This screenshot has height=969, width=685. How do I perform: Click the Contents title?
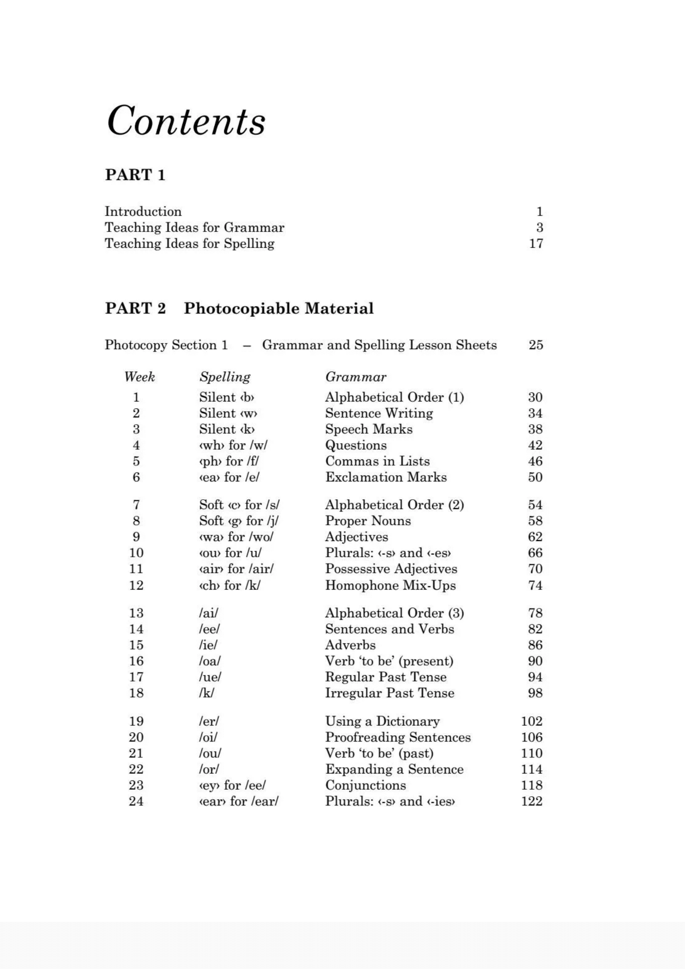[x=186, y=121]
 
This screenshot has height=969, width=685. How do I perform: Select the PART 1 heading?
[x=135, y=175]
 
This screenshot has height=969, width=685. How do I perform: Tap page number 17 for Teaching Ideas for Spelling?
[x=535, y=244]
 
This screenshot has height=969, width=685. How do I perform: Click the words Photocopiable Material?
[x=278, y=309]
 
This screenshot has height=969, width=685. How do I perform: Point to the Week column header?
[x=139, y=377]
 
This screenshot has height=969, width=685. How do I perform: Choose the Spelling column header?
[x=225, y=377]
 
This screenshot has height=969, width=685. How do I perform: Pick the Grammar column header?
[x=356, y=377]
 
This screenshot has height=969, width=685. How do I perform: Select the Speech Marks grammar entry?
[x=368, y=429]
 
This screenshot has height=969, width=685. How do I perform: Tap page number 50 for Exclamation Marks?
[x=535, y=477]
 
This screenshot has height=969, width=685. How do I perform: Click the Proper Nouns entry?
[x=368, y=521]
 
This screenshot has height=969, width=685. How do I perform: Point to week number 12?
[x=136, y=585]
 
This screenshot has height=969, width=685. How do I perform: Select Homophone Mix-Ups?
[x=390, y=585]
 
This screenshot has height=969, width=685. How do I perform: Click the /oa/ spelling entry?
[x=209, y=661]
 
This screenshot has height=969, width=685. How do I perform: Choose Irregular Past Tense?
[x=390, y=693]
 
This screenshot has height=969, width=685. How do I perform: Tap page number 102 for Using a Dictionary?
[x=531, y=721]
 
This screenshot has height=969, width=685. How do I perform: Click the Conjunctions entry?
[x=365, y=785]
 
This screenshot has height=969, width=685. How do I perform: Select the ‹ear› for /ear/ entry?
[x=238, y=802]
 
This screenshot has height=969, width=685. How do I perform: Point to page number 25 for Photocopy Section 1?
[x=535, y=345]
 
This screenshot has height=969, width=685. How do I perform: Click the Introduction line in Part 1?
[x=143, y=211]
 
